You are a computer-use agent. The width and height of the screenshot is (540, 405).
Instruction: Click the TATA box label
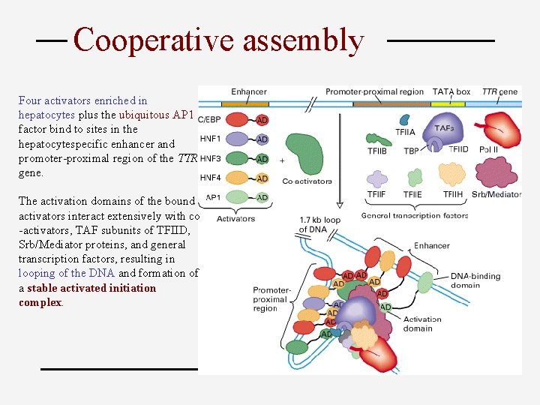coord(451,91)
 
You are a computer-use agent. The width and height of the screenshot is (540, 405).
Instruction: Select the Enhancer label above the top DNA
coord(250,91)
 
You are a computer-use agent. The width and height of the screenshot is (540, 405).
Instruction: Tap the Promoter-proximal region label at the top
coord(374,91)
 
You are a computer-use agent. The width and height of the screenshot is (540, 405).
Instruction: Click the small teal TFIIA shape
coord(405,120)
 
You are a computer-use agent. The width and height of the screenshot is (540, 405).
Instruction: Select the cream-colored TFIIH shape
coord(451,174)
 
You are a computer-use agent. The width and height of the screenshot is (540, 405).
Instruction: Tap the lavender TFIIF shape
coord(376,178)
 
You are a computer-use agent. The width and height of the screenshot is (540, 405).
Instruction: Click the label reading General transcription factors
coord(415,215)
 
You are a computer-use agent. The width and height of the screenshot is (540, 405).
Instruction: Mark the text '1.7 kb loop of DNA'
coord(319,224)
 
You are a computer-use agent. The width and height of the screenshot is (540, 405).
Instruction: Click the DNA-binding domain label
coord(476,280)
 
